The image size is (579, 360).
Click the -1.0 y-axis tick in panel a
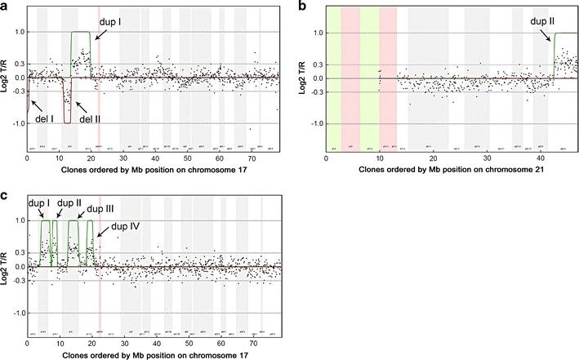16,124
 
